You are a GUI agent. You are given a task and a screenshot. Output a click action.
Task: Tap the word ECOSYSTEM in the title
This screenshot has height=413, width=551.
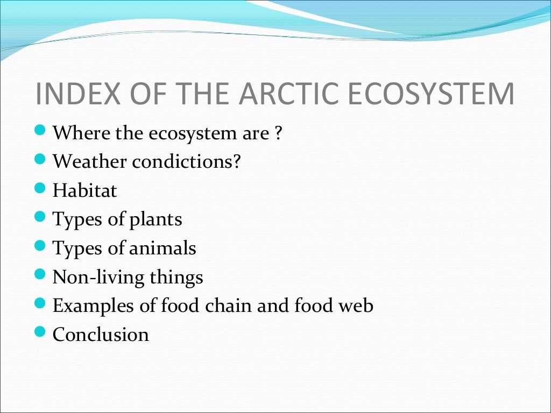pyautogui.click(x=431, y=94)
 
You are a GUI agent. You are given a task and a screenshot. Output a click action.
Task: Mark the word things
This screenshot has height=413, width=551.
pyautogui.click(x=176, y=277)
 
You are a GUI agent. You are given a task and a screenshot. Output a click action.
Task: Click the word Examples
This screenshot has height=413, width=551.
pyautogui.click(x=93, y=306)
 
